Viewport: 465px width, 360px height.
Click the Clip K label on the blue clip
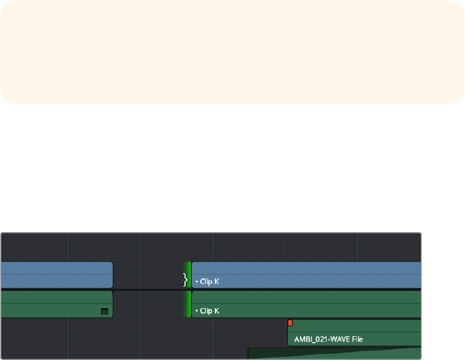(209, 281)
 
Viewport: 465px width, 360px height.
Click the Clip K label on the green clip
(209, 311)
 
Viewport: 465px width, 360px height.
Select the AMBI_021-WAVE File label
(328, 339)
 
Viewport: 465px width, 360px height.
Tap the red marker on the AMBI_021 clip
(290, 324)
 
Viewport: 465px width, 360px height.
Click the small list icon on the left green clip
(104, 311)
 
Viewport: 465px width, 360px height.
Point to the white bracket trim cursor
(185, 279)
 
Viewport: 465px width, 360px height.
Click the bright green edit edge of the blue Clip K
(189, 275)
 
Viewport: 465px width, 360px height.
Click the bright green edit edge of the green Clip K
(189, 304)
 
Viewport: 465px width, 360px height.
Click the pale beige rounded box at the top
(232, 52)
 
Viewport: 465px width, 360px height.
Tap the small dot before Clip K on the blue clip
(196, 281)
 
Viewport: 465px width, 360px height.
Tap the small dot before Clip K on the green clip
(196, 311)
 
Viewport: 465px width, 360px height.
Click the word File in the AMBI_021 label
(355, 339)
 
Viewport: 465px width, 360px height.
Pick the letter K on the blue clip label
(216, 281)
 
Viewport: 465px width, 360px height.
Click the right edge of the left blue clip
(113, 275)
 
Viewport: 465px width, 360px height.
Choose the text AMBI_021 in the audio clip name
(310, 339)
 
